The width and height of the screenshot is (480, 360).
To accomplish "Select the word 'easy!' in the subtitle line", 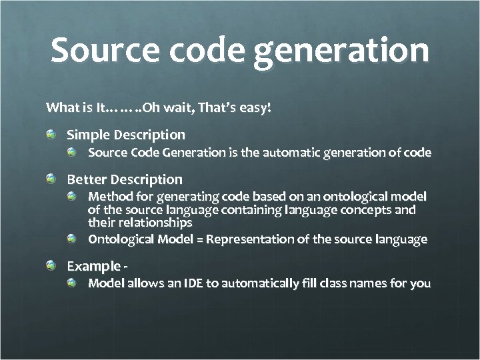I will (x=255, y=107).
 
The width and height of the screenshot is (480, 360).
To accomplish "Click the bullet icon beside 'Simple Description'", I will (x=51, y=135).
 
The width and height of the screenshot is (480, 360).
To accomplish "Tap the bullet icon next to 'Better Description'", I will (x=51, y=179).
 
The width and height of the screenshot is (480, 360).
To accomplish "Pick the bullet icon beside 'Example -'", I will (x=51, y=267).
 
